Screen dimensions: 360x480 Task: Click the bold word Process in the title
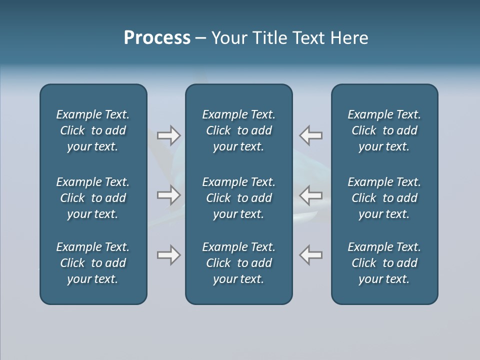(157, 38)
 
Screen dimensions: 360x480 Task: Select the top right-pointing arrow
(169, 135)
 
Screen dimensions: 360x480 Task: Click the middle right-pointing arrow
(169, 194)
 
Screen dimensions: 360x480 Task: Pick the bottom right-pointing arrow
(169, 255)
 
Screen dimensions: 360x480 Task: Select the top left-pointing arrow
(310, 135)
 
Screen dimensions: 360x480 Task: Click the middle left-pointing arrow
(310, 194)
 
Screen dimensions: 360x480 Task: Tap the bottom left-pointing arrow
(310, 255)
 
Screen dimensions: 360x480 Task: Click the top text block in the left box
(93, 130)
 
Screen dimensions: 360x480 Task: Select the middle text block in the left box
(93, 198)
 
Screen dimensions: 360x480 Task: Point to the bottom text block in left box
(93, 263)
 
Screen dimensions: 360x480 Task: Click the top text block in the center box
(239, 130)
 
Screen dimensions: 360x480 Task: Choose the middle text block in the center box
(239, 198)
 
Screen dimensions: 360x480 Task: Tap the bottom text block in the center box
(239, 263)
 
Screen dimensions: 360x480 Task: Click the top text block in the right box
(384, 130)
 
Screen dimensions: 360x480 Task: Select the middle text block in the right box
(384, 198)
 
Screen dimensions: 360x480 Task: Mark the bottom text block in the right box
(384, 263)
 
